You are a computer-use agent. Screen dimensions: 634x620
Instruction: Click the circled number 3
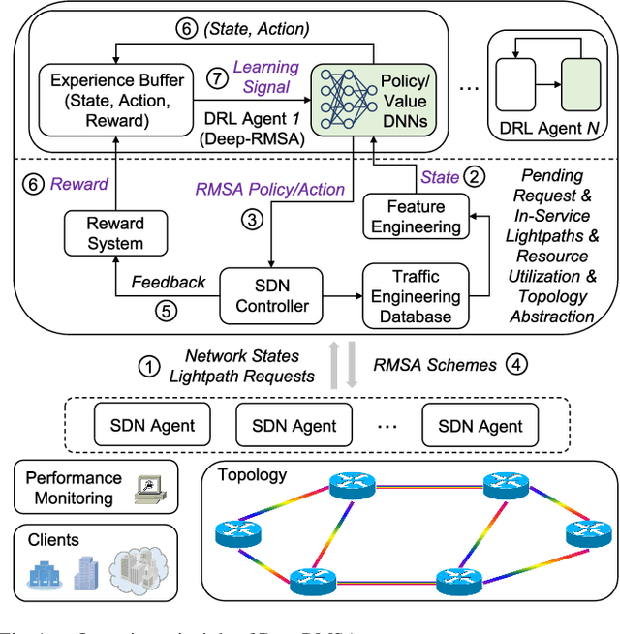251,221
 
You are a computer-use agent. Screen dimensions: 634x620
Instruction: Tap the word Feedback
169,282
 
